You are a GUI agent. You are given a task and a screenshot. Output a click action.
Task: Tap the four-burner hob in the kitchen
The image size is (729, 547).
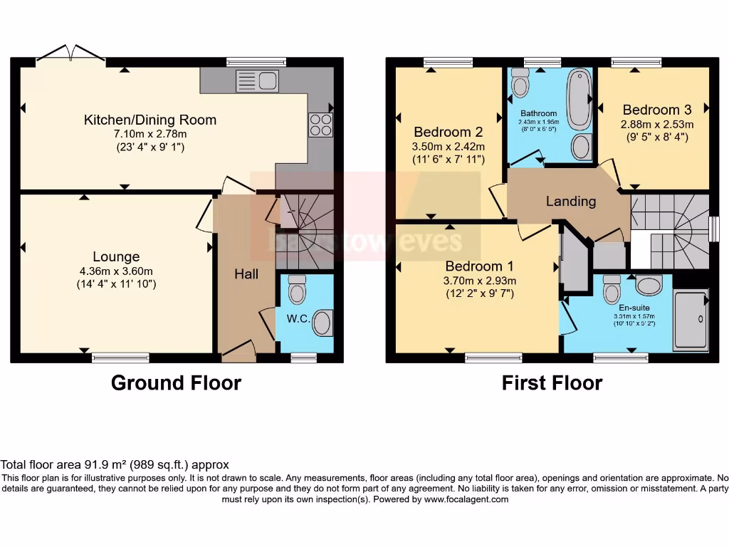[x=320, y=125]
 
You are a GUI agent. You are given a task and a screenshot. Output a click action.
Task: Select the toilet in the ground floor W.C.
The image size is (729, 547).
[x=297, y=290]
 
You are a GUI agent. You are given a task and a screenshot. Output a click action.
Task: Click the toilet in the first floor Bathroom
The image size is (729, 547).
[x=520, y=83]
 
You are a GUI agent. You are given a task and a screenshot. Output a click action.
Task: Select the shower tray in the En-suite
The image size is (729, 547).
[x=690, y=320]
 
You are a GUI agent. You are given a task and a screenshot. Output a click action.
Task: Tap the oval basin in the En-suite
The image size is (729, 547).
[x=648, y=286]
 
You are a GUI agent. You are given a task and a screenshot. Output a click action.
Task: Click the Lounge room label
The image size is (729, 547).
[x=116, y=256]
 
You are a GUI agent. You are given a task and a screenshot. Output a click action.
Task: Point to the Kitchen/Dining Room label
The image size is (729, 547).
[x=150, y=120]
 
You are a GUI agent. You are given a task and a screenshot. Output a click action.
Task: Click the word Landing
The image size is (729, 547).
[x=571, y=202]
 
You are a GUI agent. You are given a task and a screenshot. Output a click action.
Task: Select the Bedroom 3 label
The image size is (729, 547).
[x=656, y=110]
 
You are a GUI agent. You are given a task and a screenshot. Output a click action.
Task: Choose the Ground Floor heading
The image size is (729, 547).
[x=176, y=383]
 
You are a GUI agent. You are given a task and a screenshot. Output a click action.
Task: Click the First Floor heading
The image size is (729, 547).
[x=552, y=383]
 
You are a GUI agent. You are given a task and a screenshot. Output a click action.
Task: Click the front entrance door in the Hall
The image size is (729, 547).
[x=238, y=350]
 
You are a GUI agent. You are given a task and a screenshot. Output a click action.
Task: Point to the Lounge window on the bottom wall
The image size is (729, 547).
[x=120, y=358]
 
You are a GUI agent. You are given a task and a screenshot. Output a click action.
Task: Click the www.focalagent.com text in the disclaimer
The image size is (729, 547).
[x=466, y=499]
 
